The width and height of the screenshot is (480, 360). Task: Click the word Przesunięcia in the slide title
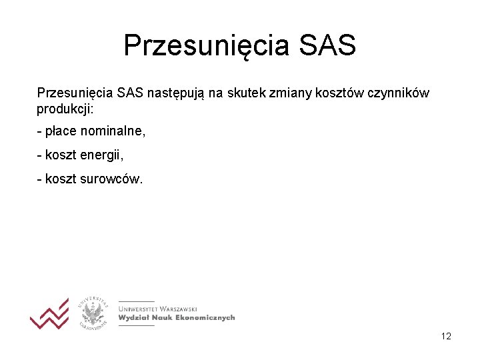tap(207, 46)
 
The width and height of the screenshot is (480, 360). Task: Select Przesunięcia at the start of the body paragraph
tap(75, 93)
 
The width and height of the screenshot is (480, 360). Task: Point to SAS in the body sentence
tap(129, 93)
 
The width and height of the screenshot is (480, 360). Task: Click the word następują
tap(175, 93)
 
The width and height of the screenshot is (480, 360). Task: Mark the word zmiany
tap(287, 93)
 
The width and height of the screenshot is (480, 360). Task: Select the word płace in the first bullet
tap(60, 131)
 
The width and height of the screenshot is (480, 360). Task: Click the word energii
tap(102, 155)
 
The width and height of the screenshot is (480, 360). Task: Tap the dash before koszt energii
tap(39, 155)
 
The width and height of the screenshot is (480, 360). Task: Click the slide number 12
tap(446, 336)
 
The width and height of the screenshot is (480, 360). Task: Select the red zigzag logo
tap(49, 314)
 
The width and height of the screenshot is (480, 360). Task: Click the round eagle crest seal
tap(93, 313)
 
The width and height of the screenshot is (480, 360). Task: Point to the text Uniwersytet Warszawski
tap(157, 309)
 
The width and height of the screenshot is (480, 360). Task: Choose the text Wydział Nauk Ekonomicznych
tap(177, 318)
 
